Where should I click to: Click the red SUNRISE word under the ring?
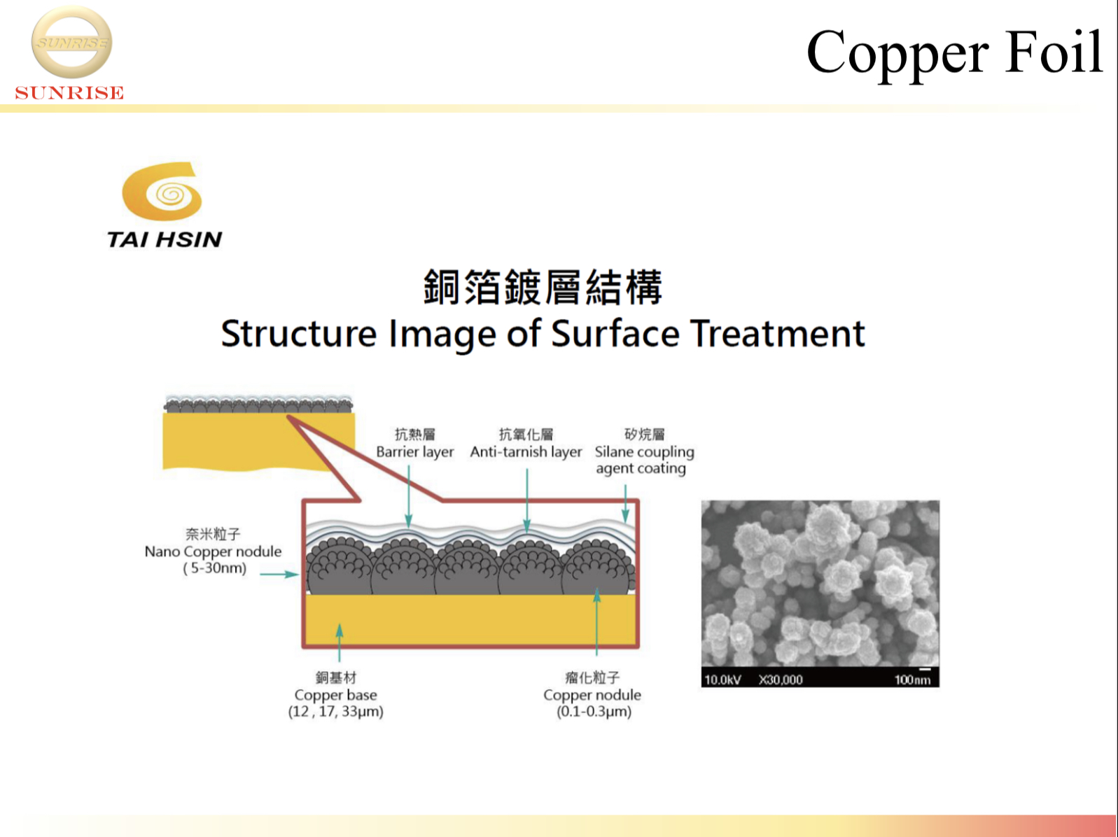tap(69, 92)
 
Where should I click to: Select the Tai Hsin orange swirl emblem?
tap(162, 191)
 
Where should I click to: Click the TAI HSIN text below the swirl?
tap(165, 239)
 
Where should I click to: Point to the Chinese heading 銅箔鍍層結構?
tap(543, 287)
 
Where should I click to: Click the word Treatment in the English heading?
tap(778, 334)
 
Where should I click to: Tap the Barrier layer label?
tap(414, 452)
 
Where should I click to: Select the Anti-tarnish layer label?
tap(526, 452)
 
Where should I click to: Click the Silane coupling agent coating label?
tap(644, 460)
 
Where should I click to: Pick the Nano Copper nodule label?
tap(213, 551)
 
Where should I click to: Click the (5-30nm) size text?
tap(214, 568)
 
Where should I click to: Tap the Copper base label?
tap(335, 695)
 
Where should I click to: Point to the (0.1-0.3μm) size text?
tap(594, 711)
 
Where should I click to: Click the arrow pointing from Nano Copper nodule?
tap(279, 575)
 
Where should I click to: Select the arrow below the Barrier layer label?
tap(409, 495)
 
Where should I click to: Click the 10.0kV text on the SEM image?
tap(722, 680)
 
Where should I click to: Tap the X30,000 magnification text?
tap(781, 680)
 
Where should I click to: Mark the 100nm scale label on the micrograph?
tap(912, 680)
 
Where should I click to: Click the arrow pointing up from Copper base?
tap(340, 642)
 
